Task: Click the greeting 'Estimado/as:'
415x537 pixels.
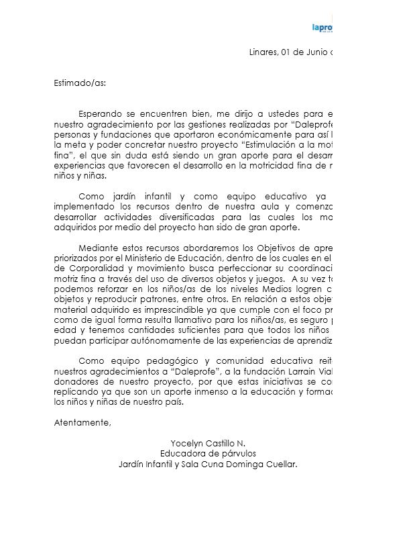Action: (79, 84)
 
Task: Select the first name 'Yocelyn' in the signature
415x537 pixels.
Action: (190, 444)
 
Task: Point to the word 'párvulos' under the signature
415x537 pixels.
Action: (231, 454)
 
